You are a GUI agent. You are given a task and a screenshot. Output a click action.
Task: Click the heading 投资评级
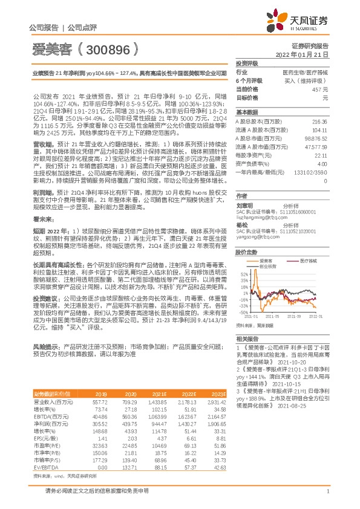point(247,63)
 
